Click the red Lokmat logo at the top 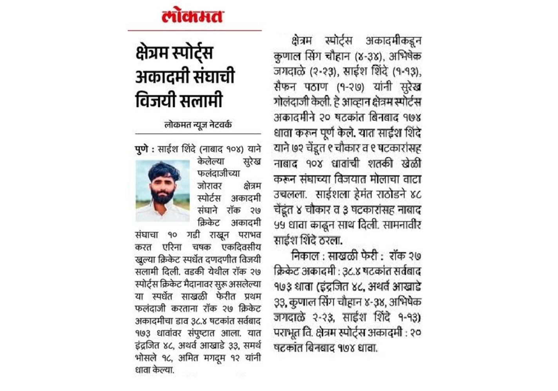[192, 16]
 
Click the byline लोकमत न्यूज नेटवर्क [198, 125]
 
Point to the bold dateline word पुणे [141, 149]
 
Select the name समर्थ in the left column [252, 346]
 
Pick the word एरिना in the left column [172, 247]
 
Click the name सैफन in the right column [284, 86]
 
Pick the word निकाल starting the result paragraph [305, 256]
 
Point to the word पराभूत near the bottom [286, 333]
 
